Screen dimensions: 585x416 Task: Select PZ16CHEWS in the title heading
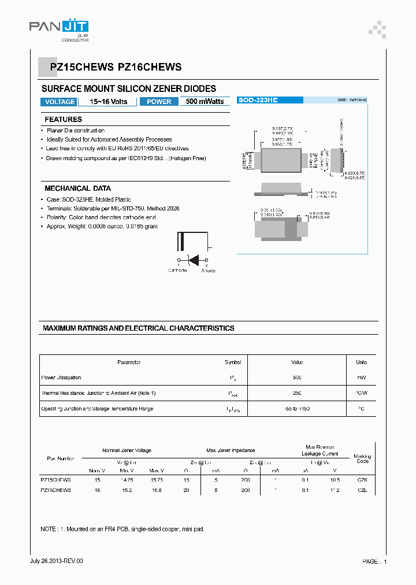click(x=150, y=67)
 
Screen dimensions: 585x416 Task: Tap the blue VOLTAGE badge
click(x=60, y=102)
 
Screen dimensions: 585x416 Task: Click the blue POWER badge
click(x=159, y=102)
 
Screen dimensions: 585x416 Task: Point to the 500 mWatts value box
click(x=205, y=102)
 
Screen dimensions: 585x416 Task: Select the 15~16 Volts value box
click(x=107, y=102)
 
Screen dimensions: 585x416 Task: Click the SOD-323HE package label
click(x=258, y=101)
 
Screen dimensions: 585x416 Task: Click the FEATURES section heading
click(x=64, y=120)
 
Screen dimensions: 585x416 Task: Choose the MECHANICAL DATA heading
click(x=77, y=188)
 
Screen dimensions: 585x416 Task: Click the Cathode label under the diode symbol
click(x=177, y=271)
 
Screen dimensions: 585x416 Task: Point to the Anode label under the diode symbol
click(x=208, y=271)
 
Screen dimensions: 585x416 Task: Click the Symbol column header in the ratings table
click(x=233, y=362)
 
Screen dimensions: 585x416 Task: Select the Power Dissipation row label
click(x=61, y=377)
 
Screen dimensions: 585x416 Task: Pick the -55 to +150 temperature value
click(x=297, y=409)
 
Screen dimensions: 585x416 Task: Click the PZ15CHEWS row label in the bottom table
click(x=55, y=480)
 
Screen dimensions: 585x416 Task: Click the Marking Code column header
click(x=362, y=458)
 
